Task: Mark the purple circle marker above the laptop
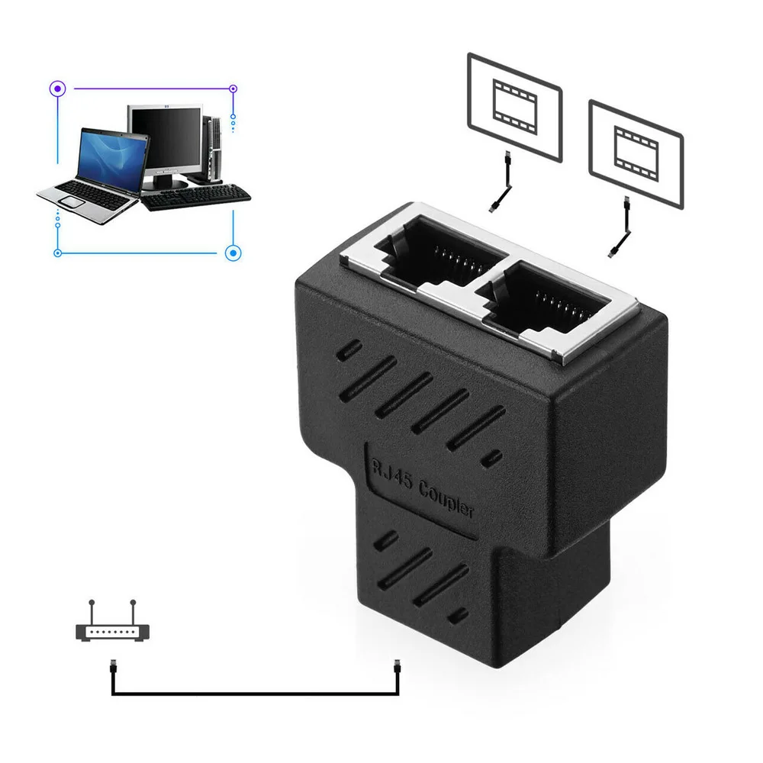click(x=56, y=89)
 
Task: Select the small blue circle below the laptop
click(x=56, y=252)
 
